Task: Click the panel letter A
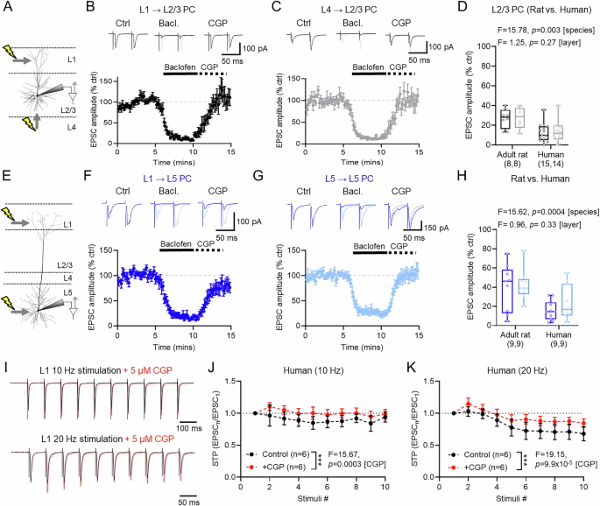7,8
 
